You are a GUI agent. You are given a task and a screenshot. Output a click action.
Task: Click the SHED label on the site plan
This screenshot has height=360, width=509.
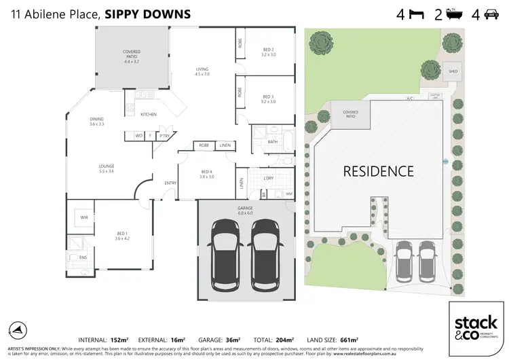(x=451, y=69)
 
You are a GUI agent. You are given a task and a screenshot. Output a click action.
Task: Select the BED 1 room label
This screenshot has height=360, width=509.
(x=122, y=236)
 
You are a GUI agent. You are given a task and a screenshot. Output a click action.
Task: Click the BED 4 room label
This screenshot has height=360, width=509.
(x=207, y=173)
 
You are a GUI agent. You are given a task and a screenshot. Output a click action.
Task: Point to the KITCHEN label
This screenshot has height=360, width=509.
(x=149, y=115)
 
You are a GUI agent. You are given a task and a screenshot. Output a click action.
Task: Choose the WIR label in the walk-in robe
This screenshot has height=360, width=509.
(x=85, y=218)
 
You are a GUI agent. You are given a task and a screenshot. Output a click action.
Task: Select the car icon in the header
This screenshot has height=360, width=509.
(x=491, y=14)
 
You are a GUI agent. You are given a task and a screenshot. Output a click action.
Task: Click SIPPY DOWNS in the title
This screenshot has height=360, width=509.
(x=143, y=14)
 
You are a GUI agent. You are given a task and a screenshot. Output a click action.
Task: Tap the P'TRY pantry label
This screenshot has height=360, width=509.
(x=164, y=136)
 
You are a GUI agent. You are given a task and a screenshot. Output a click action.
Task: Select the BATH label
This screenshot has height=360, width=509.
(x=273, y=141)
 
